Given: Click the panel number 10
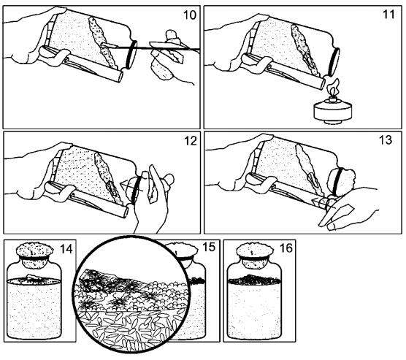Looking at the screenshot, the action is [x=190, y=15].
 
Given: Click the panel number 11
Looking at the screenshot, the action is [x=388, y=14].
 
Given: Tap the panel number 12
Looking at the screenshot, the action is [x=191, y=141].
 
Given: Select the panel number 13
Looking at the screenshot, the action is [x=386, y=140].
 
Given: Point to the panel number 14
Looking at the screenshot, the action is [x=66, y=248].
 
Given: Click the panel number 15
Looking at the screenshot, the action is [x=209, y=247].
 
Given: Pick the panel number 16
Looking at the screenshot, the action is [x=286, y=248].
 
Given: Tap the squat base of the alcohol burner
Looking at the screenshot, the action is [x=332, y=111].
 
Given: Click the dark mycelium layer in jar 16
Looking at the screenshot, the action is [x=254, y=280].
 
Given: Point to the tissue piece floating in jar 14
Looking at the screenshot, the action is [x=33, y=279].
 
